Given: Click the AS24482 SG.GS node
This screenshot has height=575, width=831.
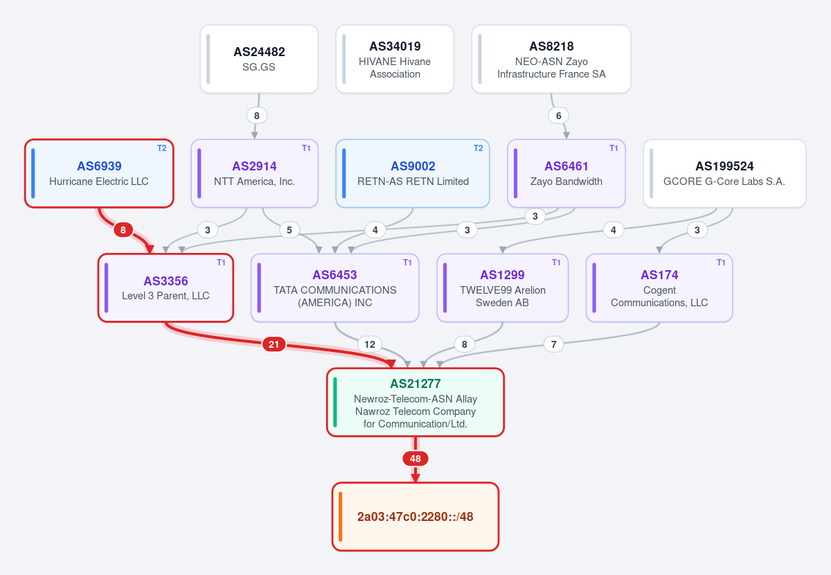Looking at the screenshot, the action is click(259, 59).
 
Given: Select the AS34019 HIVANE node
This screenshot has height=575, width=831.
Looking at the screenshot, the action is click(395, 59).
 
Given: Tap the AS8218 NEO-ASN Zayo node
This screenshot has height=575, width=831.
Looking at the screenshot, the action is click(551, 59).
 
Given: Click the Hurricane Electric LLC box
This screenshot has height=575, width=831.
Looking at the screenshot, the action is click(99, 173).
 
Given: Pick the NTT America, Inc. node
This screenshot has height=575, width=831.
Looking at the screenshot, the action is click(255, 173).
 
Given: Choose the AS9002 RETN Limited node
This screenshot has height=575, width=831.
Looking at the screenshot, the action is click(413, 173).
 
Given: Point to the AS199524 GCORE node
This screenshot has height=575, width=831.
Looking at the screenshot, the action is click(724, 173).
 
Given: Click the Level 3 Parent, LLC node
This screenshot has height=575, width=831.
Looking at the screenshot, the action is click(166, 287).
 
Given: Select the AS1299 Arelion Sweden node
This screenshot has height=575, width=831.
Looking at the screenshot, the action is click(502, 287).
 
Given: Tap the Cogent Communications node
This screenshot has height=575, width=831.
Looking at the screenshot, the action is click(659, 287).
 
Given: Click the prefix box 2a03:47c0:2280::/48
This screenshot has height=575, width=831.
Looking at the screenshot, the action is click(415, 517).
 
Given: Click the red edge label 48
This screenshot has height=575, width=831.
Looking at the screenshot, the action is click(415, 459).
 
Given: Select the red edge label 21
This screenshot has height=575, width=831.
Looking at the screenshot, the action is click(274, 344).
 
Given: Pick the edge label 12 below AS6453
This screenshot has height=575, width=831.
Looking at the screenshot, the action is click(370, 344).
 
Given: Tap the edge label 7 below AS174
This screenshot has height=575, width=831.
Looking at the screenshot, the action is click(553, 344).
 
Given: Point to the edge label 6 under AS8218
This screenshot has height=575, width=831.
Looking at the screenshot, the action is click(558, 116).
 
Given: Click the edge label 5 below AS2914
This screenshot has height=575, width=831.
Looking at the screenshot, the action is click(289, 230).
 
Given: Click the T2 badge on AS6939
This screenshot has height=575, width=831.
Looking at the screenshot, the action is click(162, 148).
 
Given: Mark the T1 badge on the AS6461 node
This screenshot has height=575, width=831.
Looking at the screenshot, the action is click(614, 148).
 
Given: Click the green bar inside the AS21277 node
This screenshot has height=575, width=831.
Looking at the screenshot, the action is click(335, 402).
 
